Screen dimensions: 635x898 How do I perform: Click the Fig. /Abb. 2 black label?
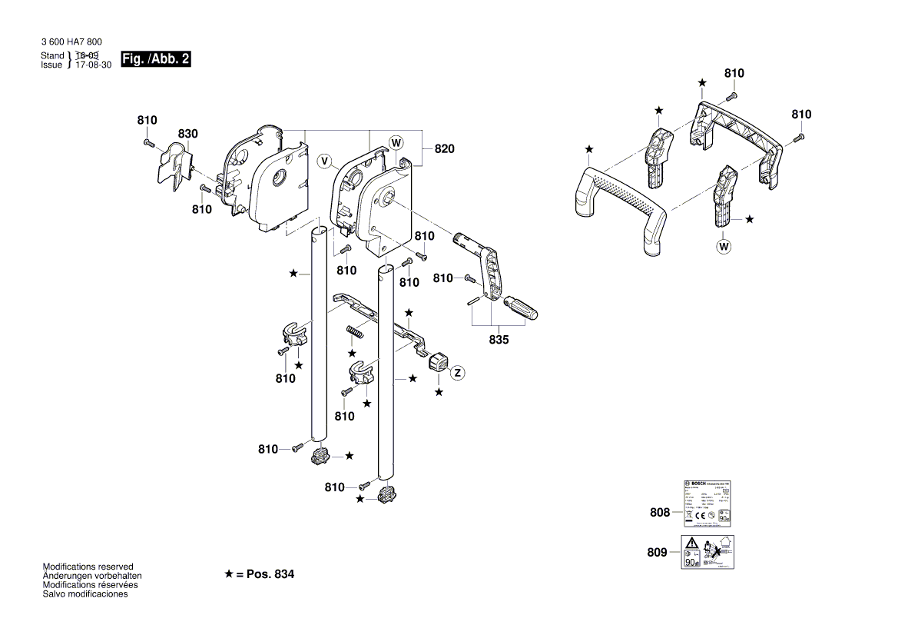(x=156, y=60)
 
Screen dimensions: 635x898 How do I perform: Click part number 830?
(x=187, y=134)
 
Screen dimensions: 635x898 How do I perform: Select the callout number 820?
(x=445, y=149)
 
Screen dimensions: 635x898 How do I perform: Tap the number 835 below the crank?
(x=499, y=339)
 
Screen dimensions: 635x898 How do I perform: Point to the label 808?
(x=660, y=513)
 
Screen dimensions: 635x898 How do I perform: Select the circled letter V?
(x=326, y=161)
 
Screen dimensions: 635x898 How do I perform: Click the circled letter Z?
(x=458, y=373)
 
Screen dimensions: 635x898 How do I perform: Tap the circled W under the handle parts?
(x=723, y=247)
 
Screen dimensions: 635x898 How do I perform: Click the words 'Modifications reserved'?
(x=88, y=567)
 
